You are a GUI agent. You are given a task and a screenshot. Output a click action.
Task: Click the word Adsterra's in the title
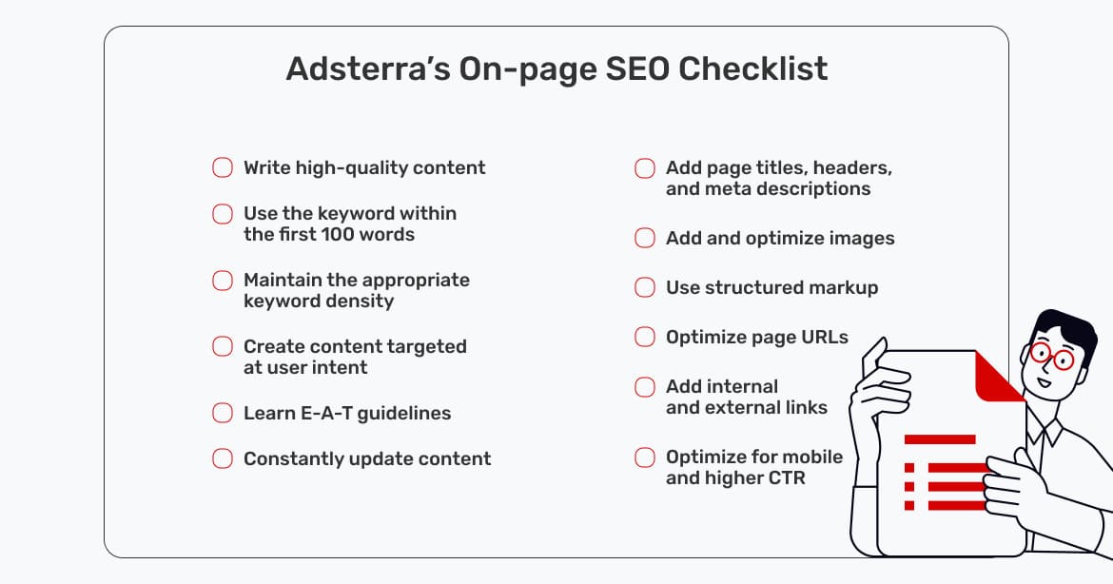tap(368, 68)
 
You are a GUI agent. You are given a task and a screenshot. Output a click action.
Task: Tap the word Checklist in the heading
tap(753, 68)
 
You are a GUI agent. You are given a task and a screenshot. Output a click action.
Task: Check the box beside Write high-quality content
tap(223, 167)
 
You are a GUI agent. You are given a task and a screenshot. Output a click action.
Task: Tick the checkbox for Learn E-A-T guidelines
tap(223, 413)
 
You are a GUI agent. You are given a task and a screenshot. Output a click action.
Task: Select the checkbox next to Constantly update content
tap(223, 458)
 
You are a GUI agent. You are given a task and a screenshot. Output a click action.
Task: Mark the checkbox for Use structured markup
tap(645, 287)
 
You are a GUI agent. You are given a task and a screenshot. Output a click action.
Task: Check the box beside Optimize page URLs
tap(645, 337)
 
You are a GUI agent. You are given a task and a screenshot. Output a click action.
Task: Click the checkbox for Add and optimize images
tap(645, 238)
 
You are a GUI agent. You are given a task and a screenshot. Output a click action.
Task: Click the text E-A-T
tap(326, 413)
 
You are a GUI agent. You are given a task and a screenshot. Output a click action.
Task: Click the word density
tap(360, 301)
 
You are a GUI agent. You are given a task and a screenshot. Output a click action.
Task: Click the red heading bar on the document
tap(940, 439)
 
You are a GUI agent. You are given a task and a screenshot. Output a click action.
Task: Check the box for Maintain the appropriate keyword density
tap(223, 281)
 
